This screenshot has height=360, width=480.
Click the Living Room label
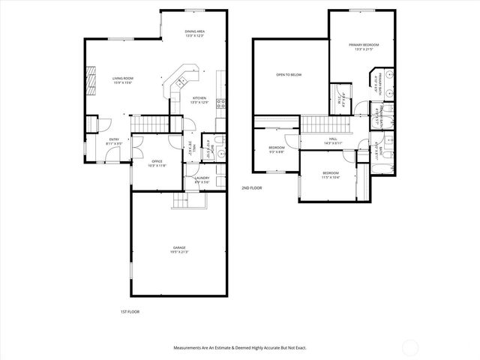pos(122,80)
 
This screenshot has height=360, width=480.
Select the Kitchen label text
pos(199,100)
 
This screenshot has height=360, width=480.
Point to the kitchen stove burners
pos(220,104)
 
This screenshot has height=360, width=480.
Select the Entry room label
pos(114,141)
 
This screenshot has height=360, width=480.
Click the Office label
pos(157,163)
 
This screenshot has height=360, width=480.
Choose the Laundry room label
pos(202,179)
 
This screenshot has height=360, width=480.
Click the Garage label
pos(178,249)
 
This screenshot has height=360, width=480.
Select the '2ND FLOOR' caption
pos(251,187)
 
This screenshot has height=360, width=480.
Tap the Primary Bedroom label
pos(364,47)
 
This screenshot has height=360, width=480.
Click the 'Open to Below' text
pos(289,75)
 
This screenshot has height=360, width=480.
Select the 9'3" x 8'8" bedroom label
pos(277,150)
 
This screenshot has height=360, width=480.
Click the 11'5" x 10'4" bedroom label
pos(331,176)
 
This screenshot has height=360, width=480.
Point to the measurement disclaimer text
pos(240,347)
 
